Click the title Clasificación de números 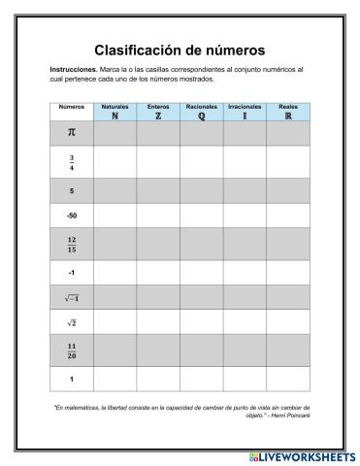pyautogui.click(x=180, y=50)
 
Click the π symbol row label pyautogui.click(x=72, y=133)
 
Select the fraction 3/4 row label pyautogui.click(x=72, y=161)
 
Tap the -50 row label pyautogui.click(x=72, y=216)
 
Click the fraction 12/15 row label pyautogui.click(x=72, y=244)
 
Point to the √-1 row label pyautogui.click(x=72, y=298)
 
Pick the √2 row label pyautogui.click(x=72, y=322)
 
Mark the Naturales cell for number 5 pyautogui.click(x=115, y=190)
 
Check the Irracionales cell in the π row pyautogui.click(x=245, y=133)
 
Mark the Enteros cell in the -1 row pyautogui.click(x=158, y=273)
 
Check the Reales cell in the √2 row pyautogui.click(x=287, y=322)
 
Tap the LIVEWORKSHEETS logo pyautogui.click(x=302, y=454)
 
